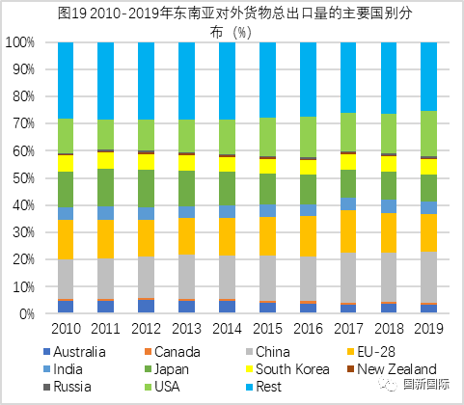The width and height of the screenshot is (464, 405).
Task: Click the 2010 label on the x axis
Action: (x=66, y=329)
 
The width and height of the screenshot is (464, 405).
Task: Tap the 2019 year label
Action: (x=428, y=329)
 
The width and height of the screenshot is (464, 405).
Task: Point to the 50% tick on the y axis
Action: (x=23, y=178)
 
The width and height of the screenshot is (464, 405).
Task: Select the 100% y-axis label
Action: (x=20, y=42)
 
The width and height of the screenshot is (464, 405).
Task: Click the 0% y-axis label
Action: (x=27, y=314)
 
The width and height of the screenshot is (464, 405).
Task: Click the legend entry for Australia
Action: (x=74, y=352)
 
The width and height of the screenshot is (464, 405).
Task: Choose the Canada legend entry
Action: (x=173, y=352)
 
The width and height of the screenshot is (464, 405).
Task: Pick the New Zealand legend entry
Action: (x=393, y=369)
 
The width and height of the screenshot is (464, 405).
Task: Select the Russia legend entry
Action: (x=68, y=387)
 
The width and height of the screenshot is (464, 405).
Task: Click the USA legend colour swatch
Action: (x=149, y=387)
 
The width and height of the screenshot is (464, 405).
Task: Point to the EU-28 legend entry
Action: (x=372, y=352)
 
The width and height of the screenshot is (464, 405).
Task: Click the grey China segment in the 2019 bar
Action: (x=428, y=277)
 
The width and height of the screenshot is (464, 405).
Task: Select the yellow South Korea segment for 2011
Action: (x=106, y=160)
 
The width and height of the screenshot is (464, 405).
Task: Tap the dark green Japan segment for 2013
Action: (x=186, y=189)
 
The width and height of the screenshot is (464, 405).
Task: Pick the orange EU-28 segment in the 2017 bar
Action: (x=348, y=231)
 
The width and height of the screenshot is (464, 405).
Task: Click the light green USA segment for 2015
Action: (x=267, y=137)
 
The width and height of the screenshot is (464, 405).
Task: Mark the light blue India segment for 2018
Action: (x=389, y=206)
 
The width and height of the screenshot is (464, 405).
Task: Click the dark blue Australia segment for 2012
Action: (x=146, y=306)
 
